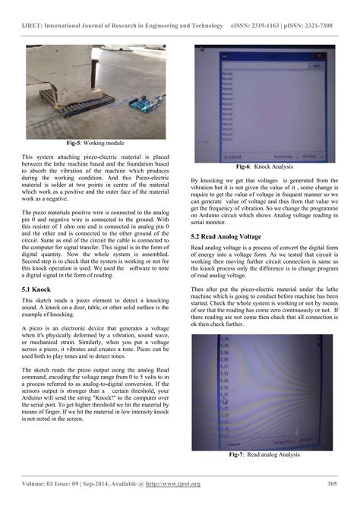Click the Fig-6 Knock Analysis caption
pos(262,166)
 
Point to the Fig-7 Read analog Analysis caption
pos(262,454)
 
